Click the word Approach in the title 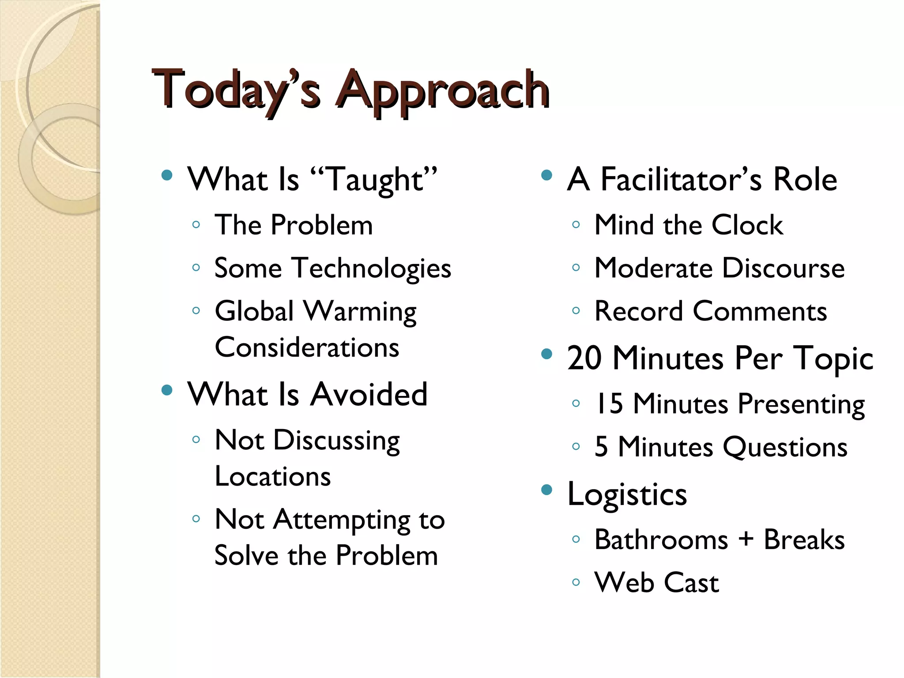443,90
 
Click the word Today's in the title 236,90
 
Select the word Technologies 373,269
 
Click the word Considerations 307,347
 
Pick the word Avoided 369,394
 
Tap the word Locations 273,477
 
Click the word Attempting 342,520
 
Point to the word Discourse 783,268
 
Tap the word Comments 760,312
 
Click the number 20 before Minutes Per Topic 584,358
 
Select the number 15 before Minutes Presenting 609,403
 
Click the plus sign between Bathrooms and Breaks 746,539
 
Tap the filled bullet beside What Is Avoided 167,390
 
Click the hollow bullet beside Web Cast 576,582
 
